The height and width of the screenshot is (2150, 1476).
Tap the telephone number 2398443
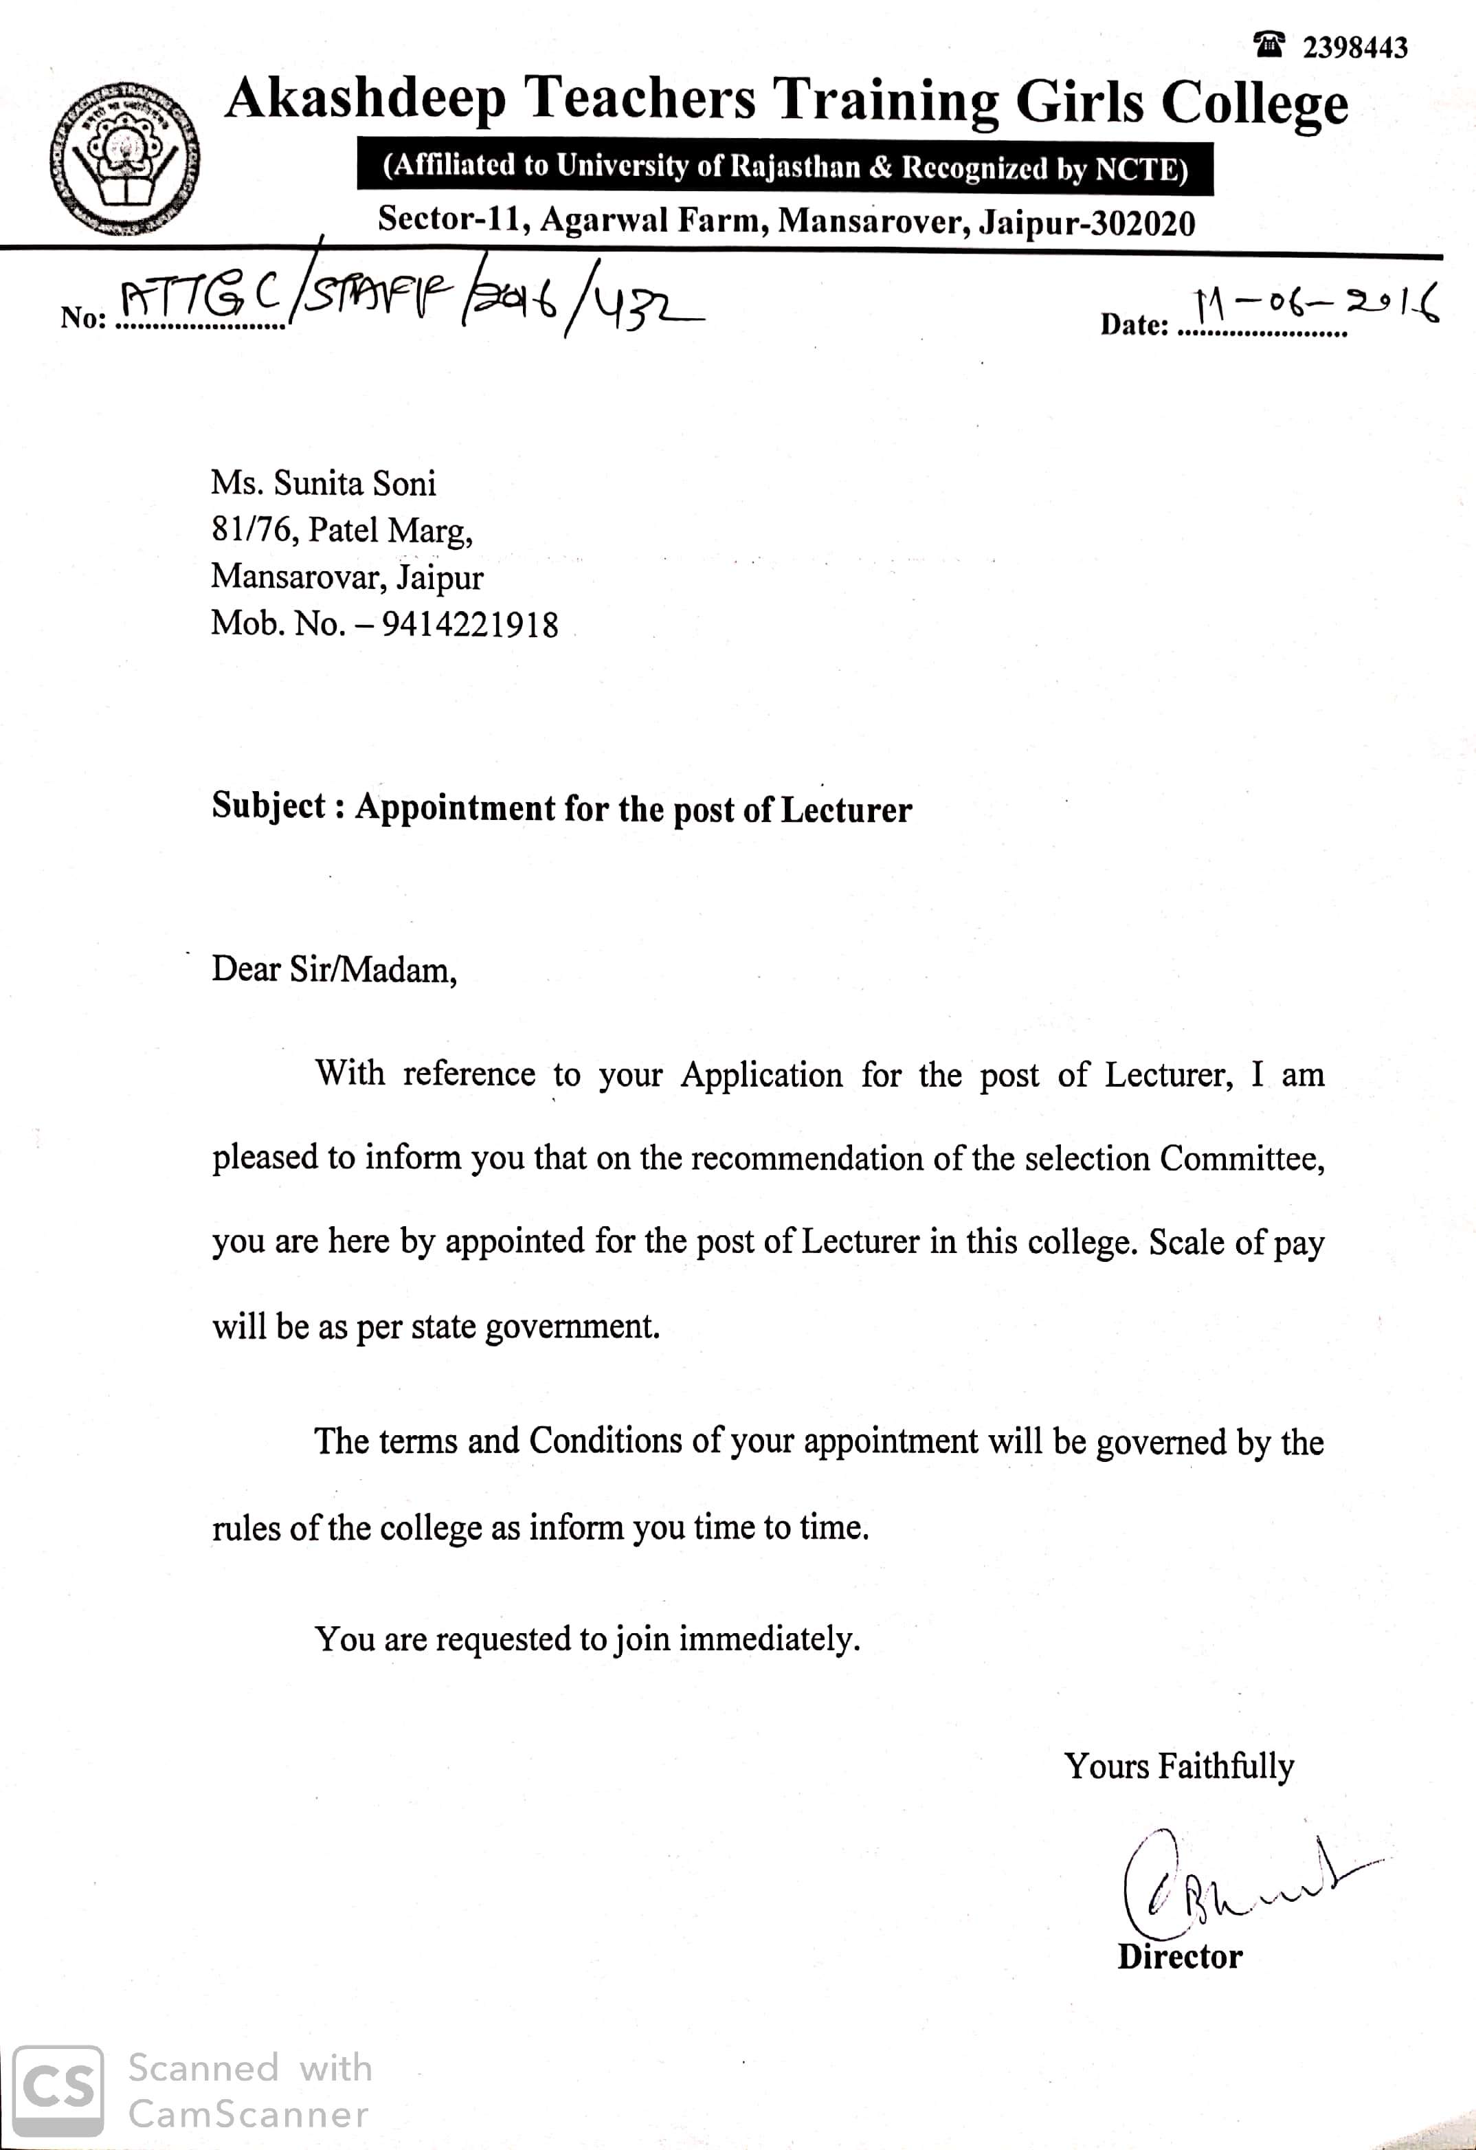(x=1355, y=47)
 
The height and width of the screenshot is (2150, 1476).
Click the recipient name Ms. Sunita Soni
(x=323, y=483)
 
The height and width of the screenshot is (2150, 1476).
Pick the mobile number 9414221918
(x=470, y=625)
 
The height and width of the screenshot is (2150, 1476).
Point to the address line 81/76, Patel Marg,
(x=342, y=530)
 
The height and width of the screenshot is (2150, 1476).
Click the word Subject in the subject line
(x=268, y=806)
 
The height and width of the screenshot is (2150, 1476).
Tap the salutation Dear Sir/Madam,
(x=334, y=970)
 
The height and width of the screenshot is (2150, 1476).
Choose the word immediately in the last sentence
(x=770, y=1639)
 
